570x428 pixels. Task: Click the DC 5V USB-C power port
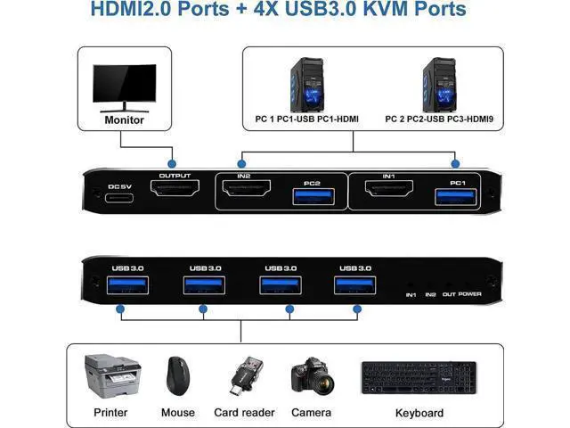click(x=119, y=198)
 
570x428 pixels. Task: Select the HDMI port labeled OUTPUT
click(x=175, y=188)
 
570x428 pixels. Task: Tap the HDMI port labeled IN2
click(x=247, y=188)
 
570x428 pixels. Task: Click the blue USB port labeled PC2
click(x=313, y=197)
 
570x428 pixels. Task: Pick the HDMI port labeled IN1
click(x=389, y=188)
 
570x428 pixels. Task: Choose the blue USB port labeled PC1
click(x=456, y=197)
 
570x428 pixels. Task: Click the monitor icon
click(x=125, y=88)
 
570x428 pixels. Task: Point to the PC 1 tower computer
click(x=306, y=85)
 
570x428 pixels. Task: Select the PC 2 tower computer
click(x=439, y=85)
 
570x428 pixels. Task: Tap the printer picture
click(x=113, y=376)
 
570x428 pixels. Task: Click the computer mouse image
click(x=178, y=376)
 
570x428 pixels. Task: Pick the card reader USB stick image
click(x=246, y=376)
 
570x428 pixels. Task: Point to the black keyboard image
click(x=419, y=378)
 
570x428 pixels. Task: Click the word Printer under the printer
click(x=110, y=412)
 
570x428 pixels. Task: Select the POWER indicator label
click(x=470, y=294)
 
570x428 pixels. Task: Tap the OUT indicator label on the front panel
click(x=449, y=294)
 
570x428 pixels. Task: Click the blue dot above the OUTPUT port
click(x=172, y=163)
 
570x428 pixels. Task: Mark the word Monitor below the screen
click(x=125, y=120)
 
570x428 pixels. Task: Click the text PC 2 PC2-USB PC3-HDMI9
click(x=439, y=119)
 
